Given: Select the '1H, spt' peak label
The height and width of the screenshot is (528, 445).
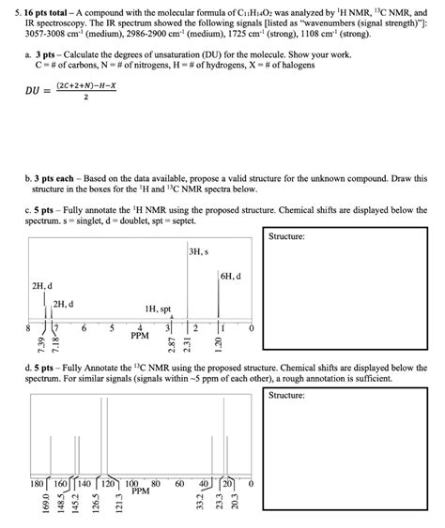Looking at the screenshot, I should [158, 308].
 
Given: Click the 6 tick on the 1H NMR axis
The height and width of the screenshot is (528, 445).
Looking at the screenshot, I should [84, 328].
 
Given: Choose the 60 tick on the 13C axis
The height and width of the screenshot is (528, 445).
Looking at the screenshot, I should [178, 484].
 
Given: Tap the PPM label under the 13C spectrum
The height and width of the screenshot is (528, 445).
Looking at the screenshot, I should [140, 490].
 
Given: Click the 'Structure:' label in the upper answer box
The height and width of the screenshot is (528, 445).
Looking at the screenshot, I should [287, 237].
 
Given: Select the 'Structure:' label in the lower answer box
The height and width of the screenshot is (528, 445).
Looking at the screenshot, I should [287, 396].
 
